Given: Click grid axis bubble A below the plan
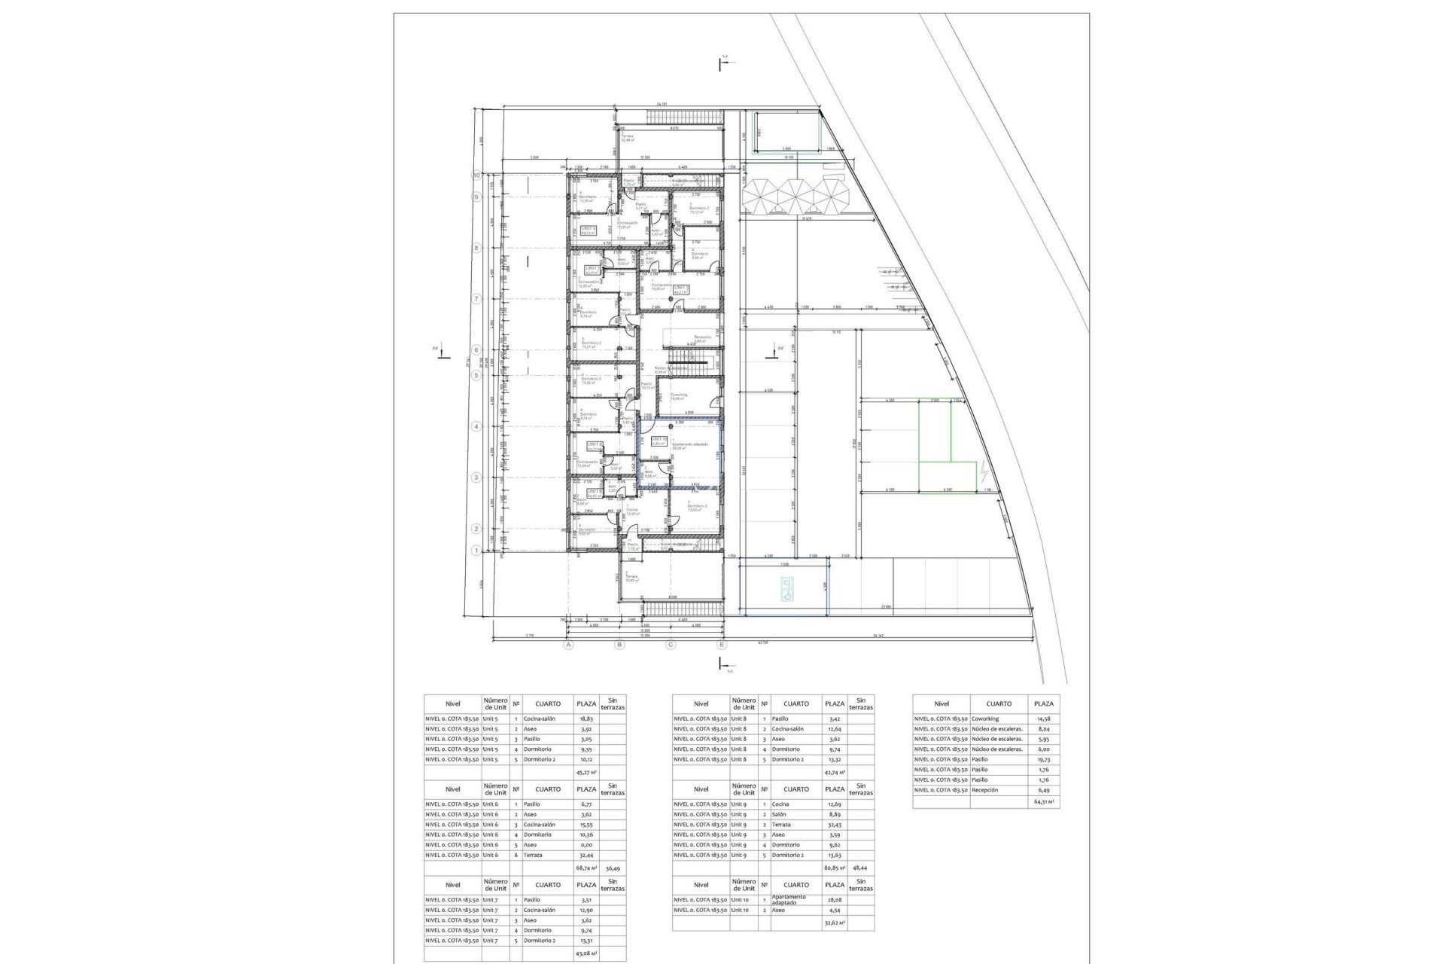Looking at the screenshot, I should pos(569,645).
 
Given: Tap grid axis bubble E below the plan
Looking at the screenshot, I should pos(722,645).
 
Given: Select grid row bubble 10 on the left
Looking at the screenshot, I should pos(476,175).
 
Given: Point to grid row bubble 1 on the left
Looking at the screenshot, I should pos(476,551).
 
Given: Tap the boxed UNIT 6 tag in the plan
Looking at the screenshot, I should pos(588,230).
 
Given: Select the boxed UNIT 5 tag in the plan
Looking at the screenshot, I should pos(682,288).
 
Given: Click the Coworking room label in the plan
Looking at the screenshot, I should pos(679,395).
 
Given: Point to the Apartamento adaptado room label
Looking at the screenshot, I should pos(689,446).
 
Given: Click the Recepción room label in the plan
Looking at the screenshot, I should pos(702,338).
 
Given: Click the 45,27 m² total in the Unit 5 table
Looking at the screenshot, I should pos(586,773).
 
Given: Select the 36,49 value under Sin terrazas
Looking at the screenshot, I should pos(613,868).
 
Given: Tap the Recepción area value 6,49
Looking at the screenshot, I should pos(1043,790).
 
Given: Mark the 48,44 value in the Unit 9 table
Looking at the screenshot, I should pos(861,868).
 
